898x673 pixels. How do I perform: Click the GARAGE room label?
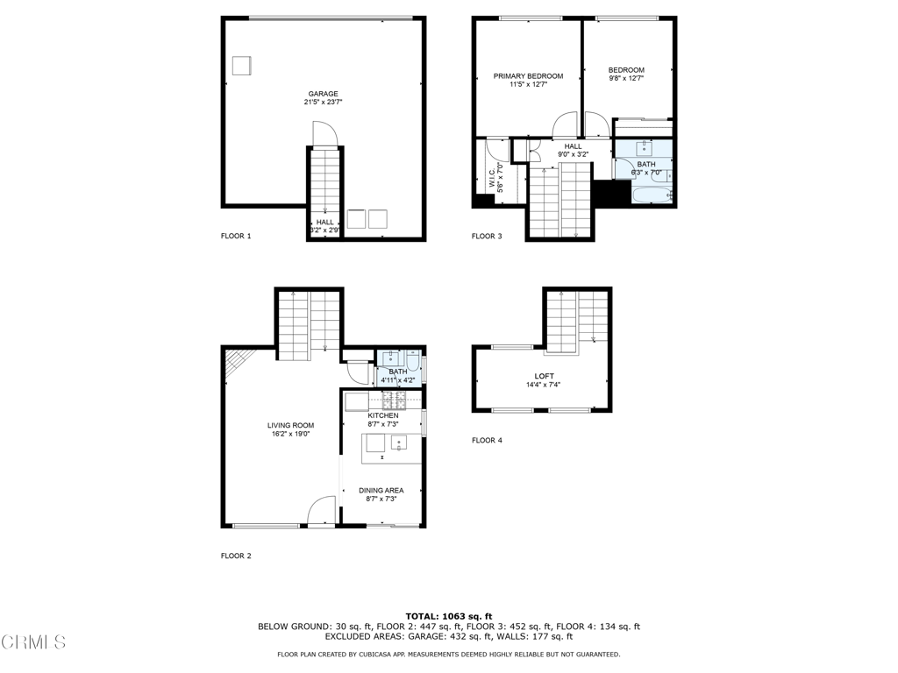[323, 94]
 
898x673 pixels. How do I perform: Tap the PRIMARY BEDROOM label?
[528, 76]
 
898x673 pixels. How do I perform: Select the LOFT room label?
[544, 376]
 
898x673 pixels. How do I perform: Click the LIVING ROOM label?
[290, 425]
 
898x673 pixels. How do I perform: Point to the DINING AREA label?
[381, 490]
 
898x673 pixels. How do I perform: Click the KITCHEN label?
[382, 415]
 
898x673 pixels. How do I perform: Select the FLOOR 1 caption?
[236, 236]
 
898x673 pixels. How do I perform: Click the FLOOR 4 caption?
[487, 440]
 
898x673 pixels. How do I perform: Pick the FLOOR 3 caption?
[487, 236]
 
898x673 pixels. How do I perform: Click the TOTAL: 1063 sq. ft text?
[448, 615]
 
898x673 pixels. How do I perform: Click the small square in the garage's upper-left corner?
[241, 66]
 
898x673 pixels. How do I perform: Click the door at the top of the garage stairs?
[324, 134]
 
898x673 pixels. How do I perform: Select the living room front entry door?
[322, 511]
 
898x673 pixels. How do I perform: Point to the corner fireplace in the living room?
[235, 362]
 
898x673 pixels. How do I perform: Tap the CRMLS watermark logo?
[32, 642]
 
